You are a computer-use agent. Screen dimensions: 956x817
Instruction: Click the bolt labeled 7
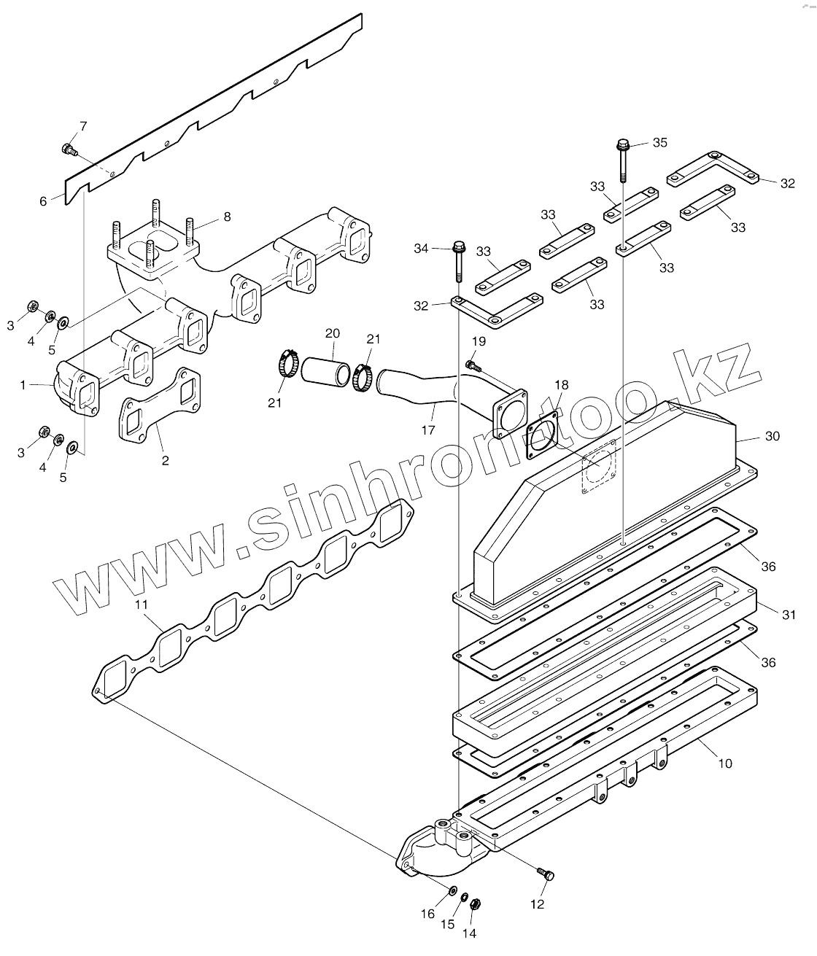click(x=69, y=149)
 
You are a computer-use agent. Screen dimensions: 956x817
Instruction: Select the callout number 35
click(x=659, y=142)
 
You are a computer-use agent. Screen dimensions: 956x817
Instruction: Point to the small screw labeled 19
click(x=472, y=363)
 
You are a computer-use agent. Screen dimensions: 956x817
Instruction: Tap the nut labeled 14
click(x=473, y=903)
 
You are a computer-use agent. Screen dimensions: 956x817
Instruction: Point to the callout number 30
click(x=772, y=436)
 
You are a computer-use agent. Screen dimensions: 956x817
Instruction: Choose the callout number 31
click(x=789, y=615)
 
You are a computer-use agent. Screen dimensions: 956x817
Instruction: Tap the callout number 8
click(x=226, y=217)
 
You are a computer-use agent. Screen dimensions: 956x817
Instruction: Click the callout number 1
click(x=24, y=384)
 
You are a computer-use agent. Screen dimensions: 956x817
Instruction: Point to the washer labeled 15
click(x=462, y=896)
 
